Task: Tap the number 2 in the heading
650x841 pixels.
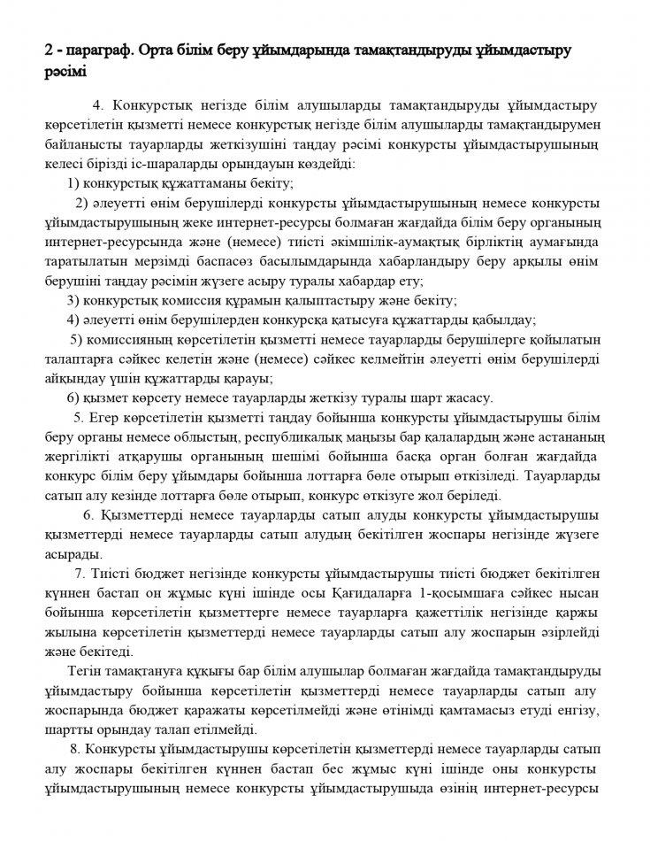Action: pos(49,51)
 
